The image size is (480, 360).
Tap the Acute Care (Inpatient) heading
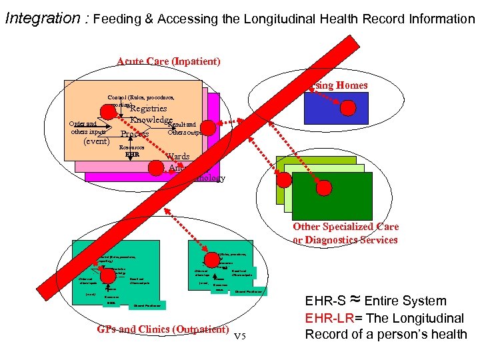tap(168, 61)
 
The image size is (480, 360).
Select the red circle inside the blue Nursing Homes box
tap(347, 109)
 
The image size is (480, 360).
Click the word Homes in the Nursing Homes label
tap(351, 85)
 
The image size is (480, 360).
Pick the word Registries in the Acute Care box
tap(148, 108)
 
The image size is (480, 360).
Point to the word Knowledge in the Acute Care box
tap(151, 120)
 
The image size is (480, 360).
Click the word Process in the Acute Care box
tap(135, 134)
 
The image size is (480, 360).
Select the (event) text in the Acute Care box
tap(95, 141)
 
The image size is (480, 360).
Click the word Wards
tap(177, 157)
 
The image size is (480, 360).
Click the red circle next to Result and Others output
tap(208, 128)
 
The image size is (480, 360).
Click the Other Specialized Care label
tap(345, 227)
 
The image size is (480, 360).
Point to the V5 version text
tap(245, 335)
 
